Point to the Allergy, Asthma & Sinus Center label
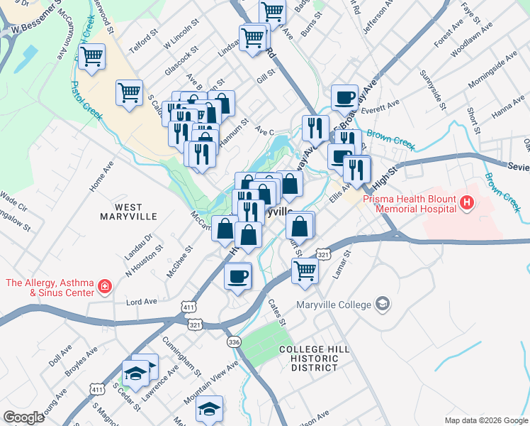(x=50, y=288)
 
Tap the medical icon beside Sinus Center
(x=104, y=287)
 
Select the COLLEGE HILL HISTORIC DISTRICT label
(x=308, y=359)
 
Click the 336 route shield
(x=234, y=342)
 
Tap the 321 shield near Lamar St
(x=323, y=254)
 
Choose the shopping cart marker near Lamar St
(x=305, y=270)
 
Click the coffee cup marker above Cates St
(x=238, y=275)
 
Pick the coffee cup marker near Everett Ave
(x=345, y=97)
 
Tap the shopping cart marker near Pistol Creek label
(x=92, y=56)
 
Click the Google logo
(x=24, y=417)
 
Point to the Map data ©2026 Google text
(x=485, y=420)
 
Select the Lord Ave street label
(x=141, y=301)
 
